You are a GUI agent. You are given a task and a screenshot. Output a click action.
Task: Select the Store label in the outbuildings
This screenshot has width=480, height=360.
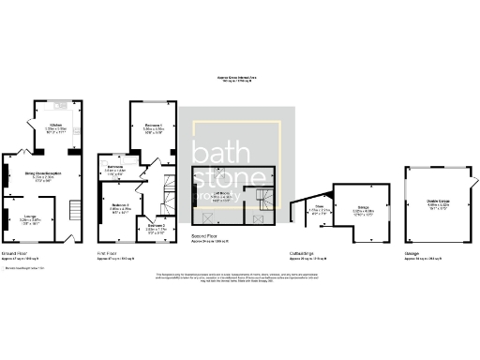tap(319, 209)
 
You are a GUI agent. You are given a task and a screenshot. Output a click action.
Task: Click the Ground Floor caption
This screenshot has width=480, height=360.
tap(16, 253)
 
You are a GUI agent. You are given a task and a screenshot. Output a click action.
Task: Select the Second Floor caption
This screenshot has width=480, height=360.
tap(204, 236)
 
